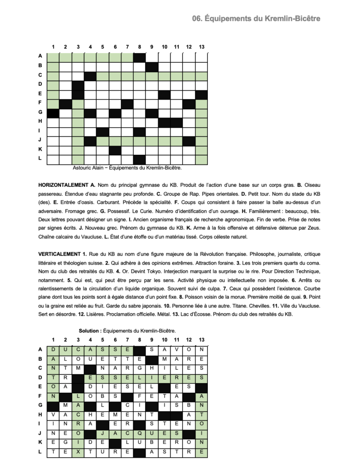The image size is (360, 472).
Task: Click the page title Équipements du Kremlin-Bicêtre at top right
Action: coord(256,18)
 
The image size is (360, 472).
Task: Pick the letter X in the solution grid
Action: coord(78,452)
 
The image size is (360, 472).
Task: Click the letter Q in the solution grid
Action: coord(140,433)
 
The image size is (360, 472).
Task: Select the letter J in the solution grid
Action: coord(102,433)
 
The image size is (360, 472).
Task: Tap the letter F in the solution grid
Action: coord(140,395)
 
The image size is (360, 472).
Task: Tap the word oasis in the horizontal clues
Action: coord(86,202)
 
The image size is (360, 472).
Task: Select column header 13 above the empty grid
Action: coord(201,47)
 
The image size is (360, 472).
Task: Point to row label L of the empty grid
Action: coord(40,158)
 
